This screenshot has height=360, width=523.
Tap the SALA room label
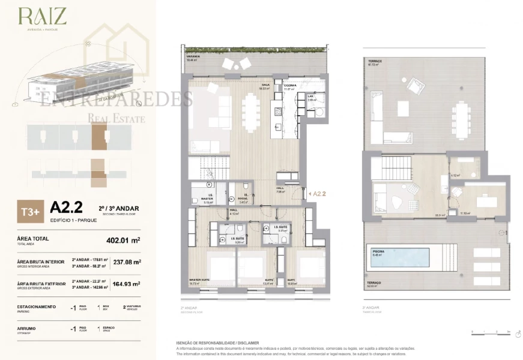click(265, 85)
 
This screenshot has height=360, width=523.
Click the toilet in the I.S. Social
click(247, 186)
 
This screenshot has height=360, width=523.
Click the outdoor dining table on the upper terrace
click(461, 115)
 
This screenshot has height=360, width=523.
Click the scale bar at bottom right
click(491, 332)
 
